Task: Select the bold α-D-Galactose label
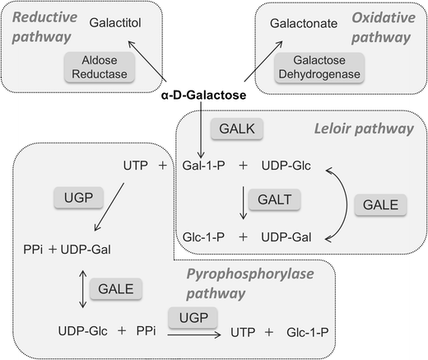[x=202, y=96]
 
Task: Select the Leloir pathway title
[x=363, y=129]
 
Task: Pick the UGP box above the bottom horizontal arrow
[x=190, y=316]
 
